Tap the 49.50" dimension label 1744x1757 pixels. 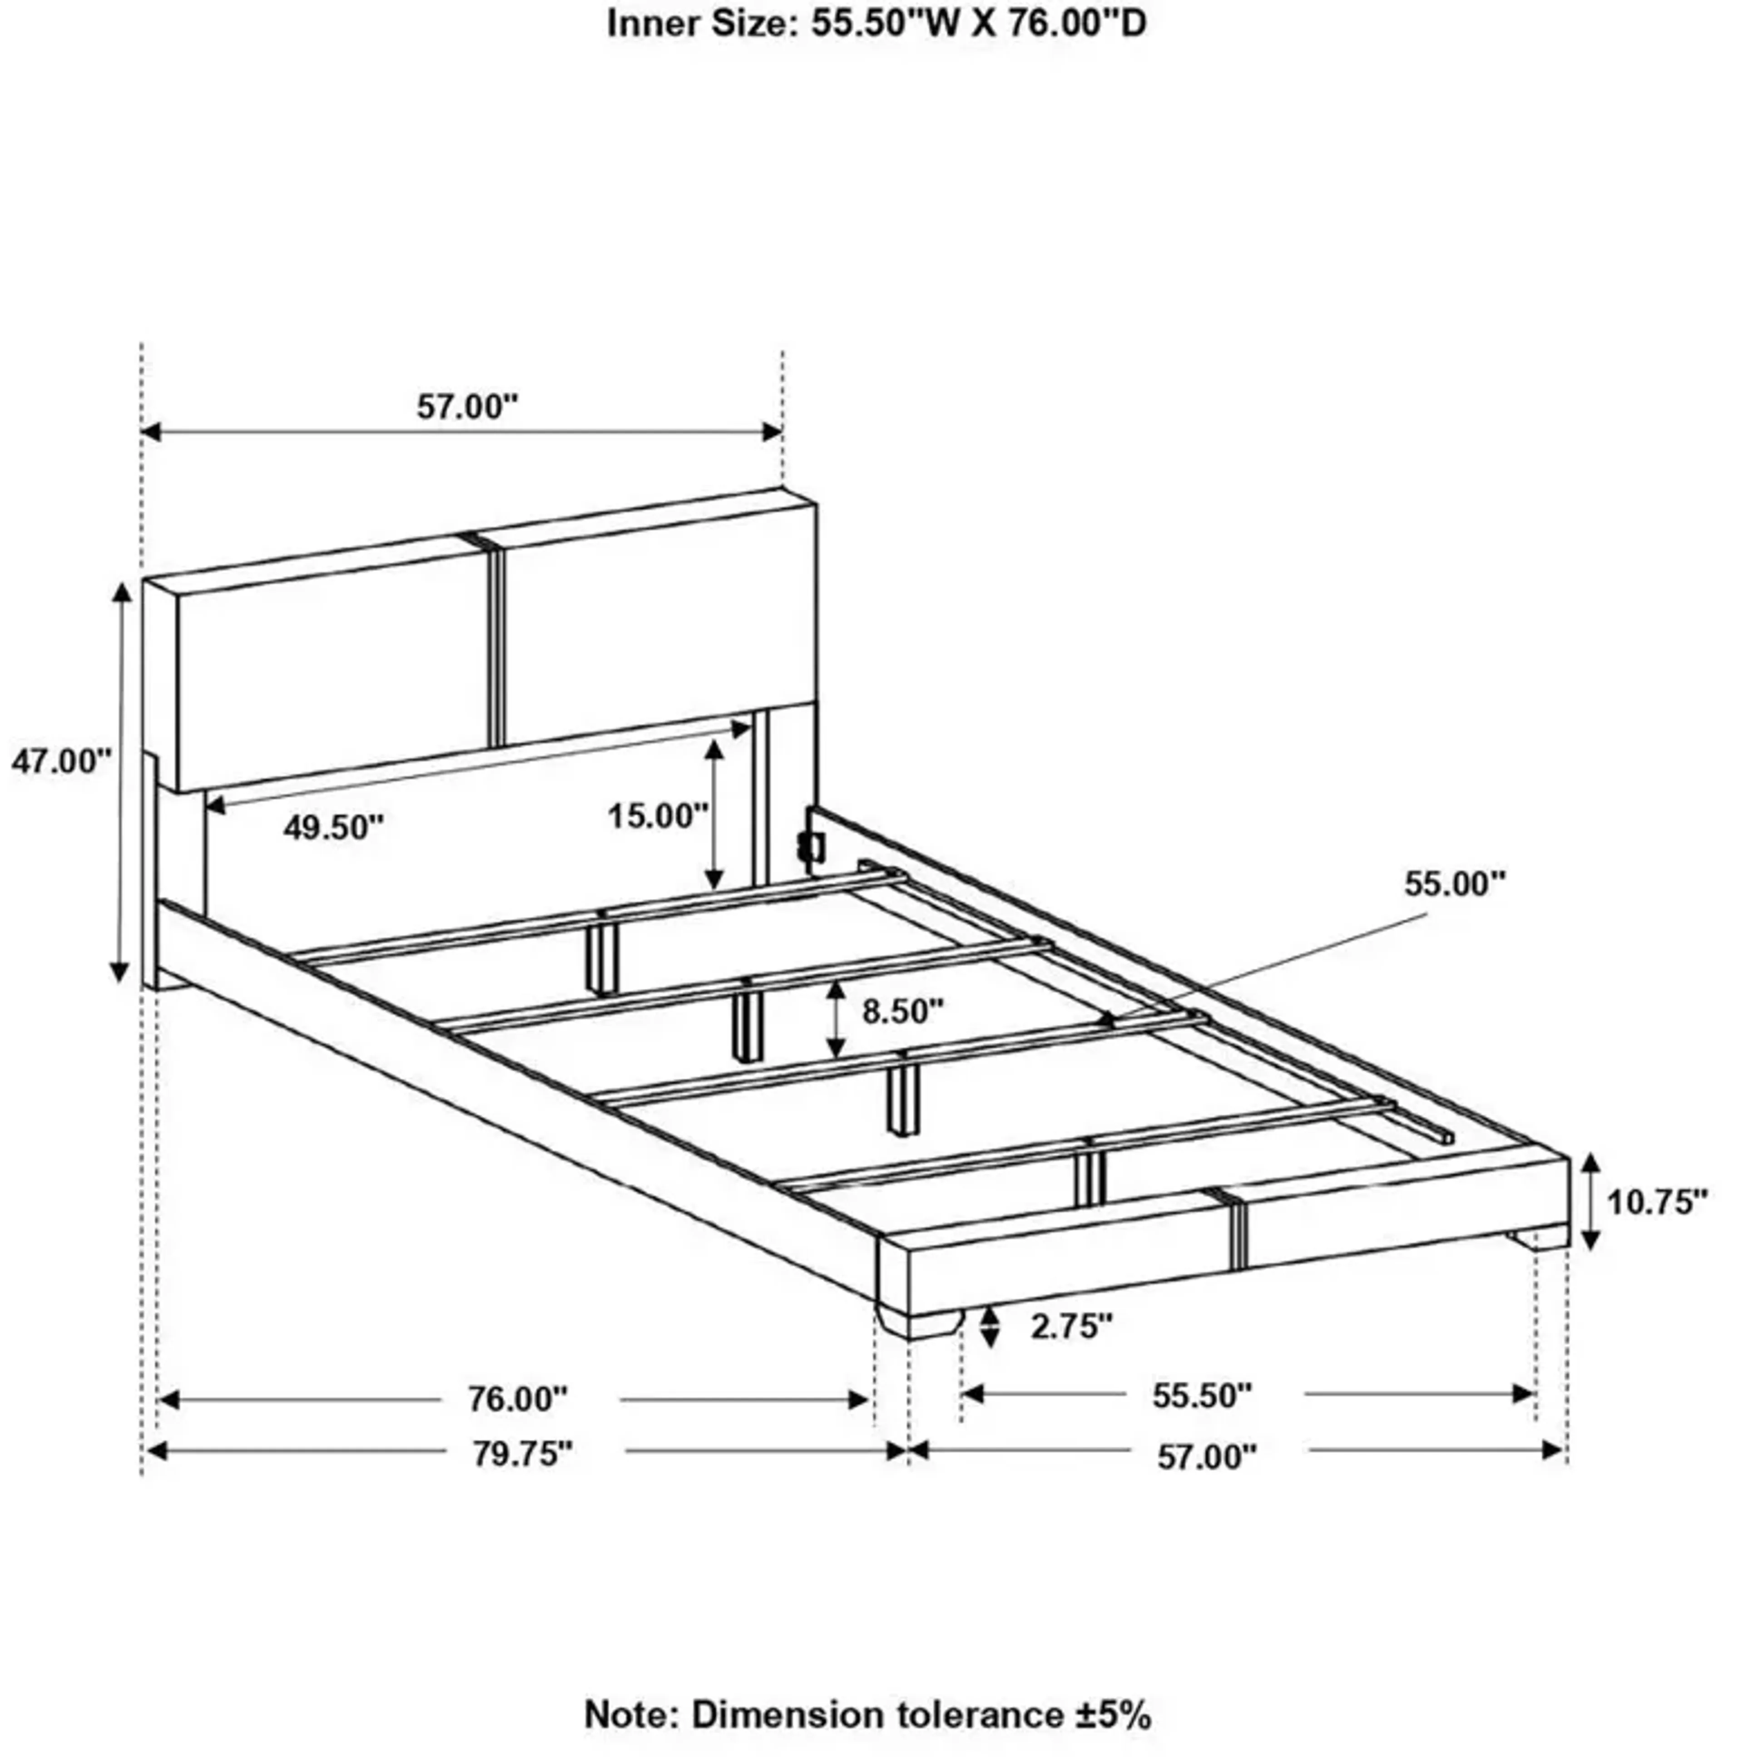(333, 828)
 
